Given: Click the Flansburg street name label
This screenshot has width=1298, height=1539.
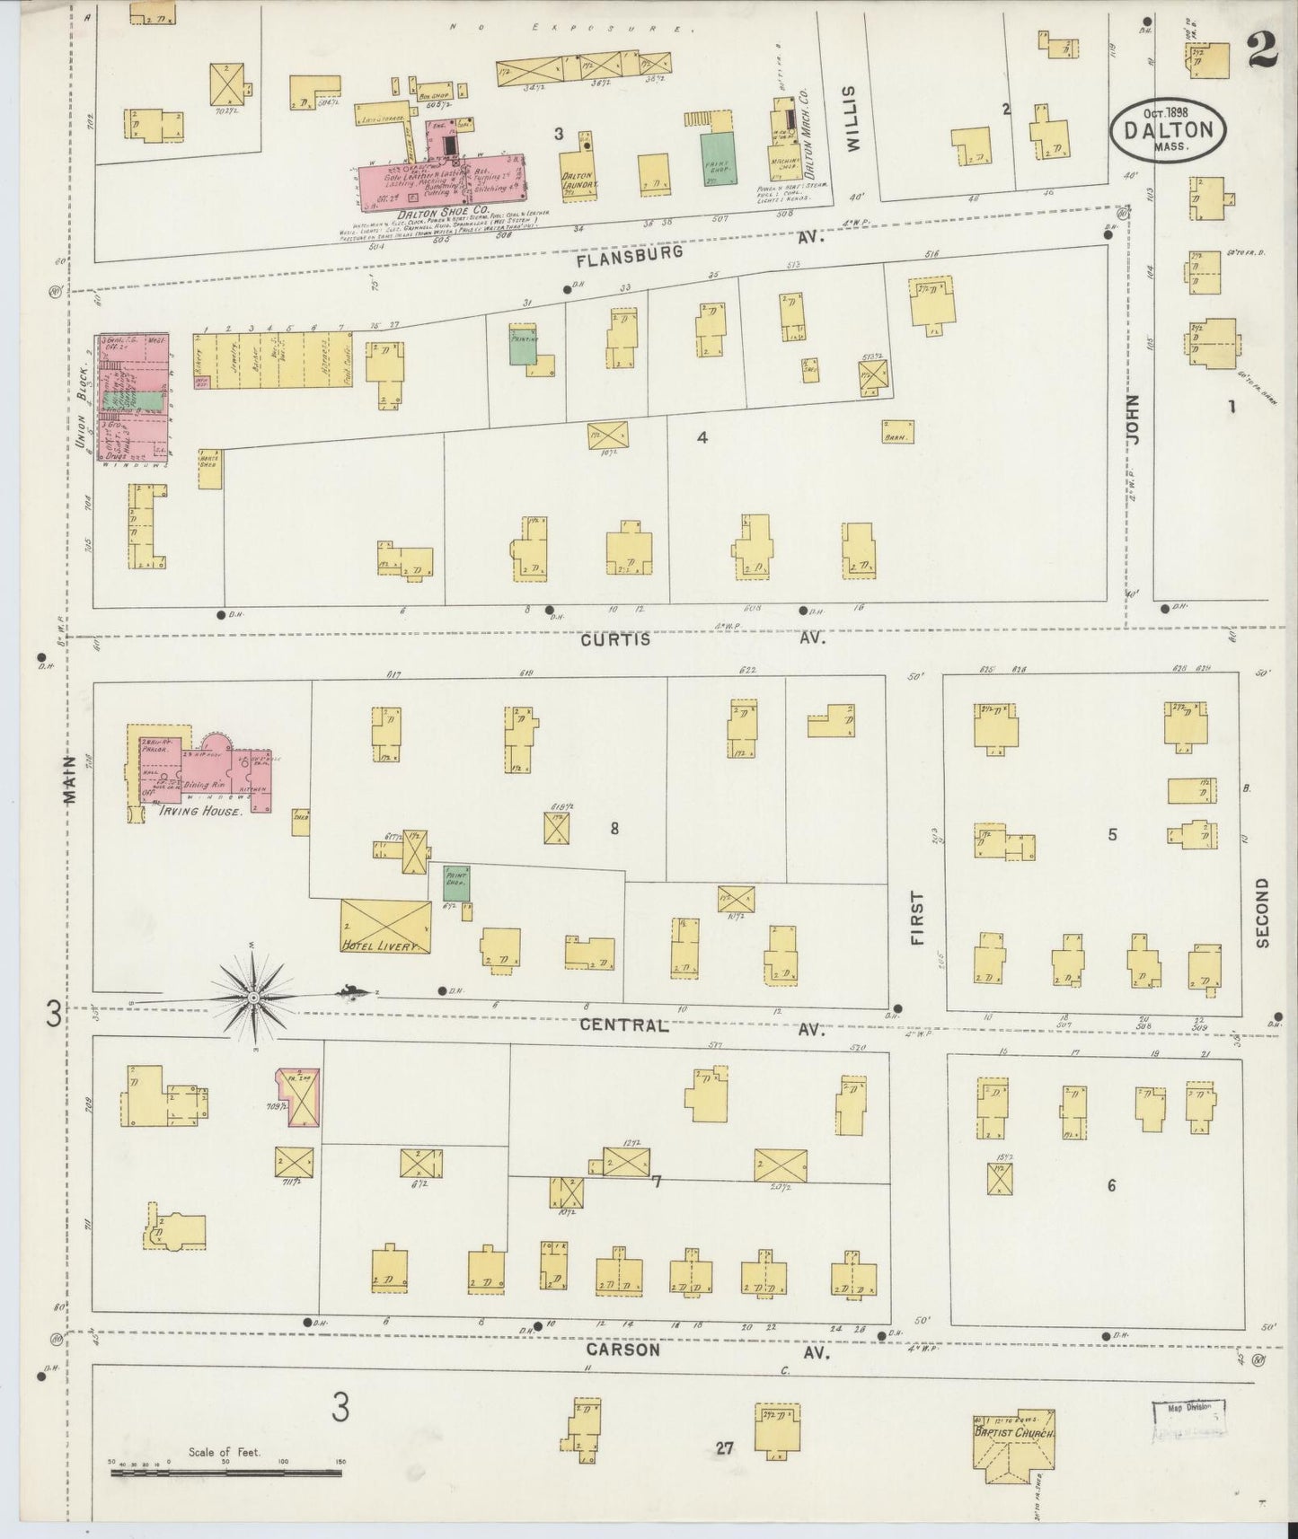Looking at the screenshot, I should (x=630, y=255).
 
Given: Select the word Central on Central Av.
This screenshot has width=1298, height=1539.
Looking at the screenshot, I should (x=623, y=1025).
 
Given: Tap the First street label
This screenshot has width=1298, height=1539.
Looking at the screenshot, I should (x=916, y=918).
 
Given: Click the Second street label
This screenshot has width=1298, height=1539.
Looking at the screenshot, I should (x=1262, y=912).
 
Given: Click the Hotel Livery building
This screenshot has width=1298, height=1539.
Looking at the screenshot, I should (x=385, y=927).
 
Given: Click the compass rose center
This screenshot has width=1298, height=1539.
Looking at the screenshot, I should (x=253, y=997).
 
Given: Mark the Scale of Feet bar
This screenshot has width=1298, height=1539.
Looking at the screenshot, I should (x=226, y=1473).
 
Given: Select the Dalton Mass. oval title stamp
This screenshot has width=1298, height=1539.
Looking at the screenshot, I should (x=1167, y=131).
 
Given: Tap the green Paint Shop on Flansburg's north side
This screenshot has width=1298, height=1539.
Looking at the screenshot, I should (x=719, y=160).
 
